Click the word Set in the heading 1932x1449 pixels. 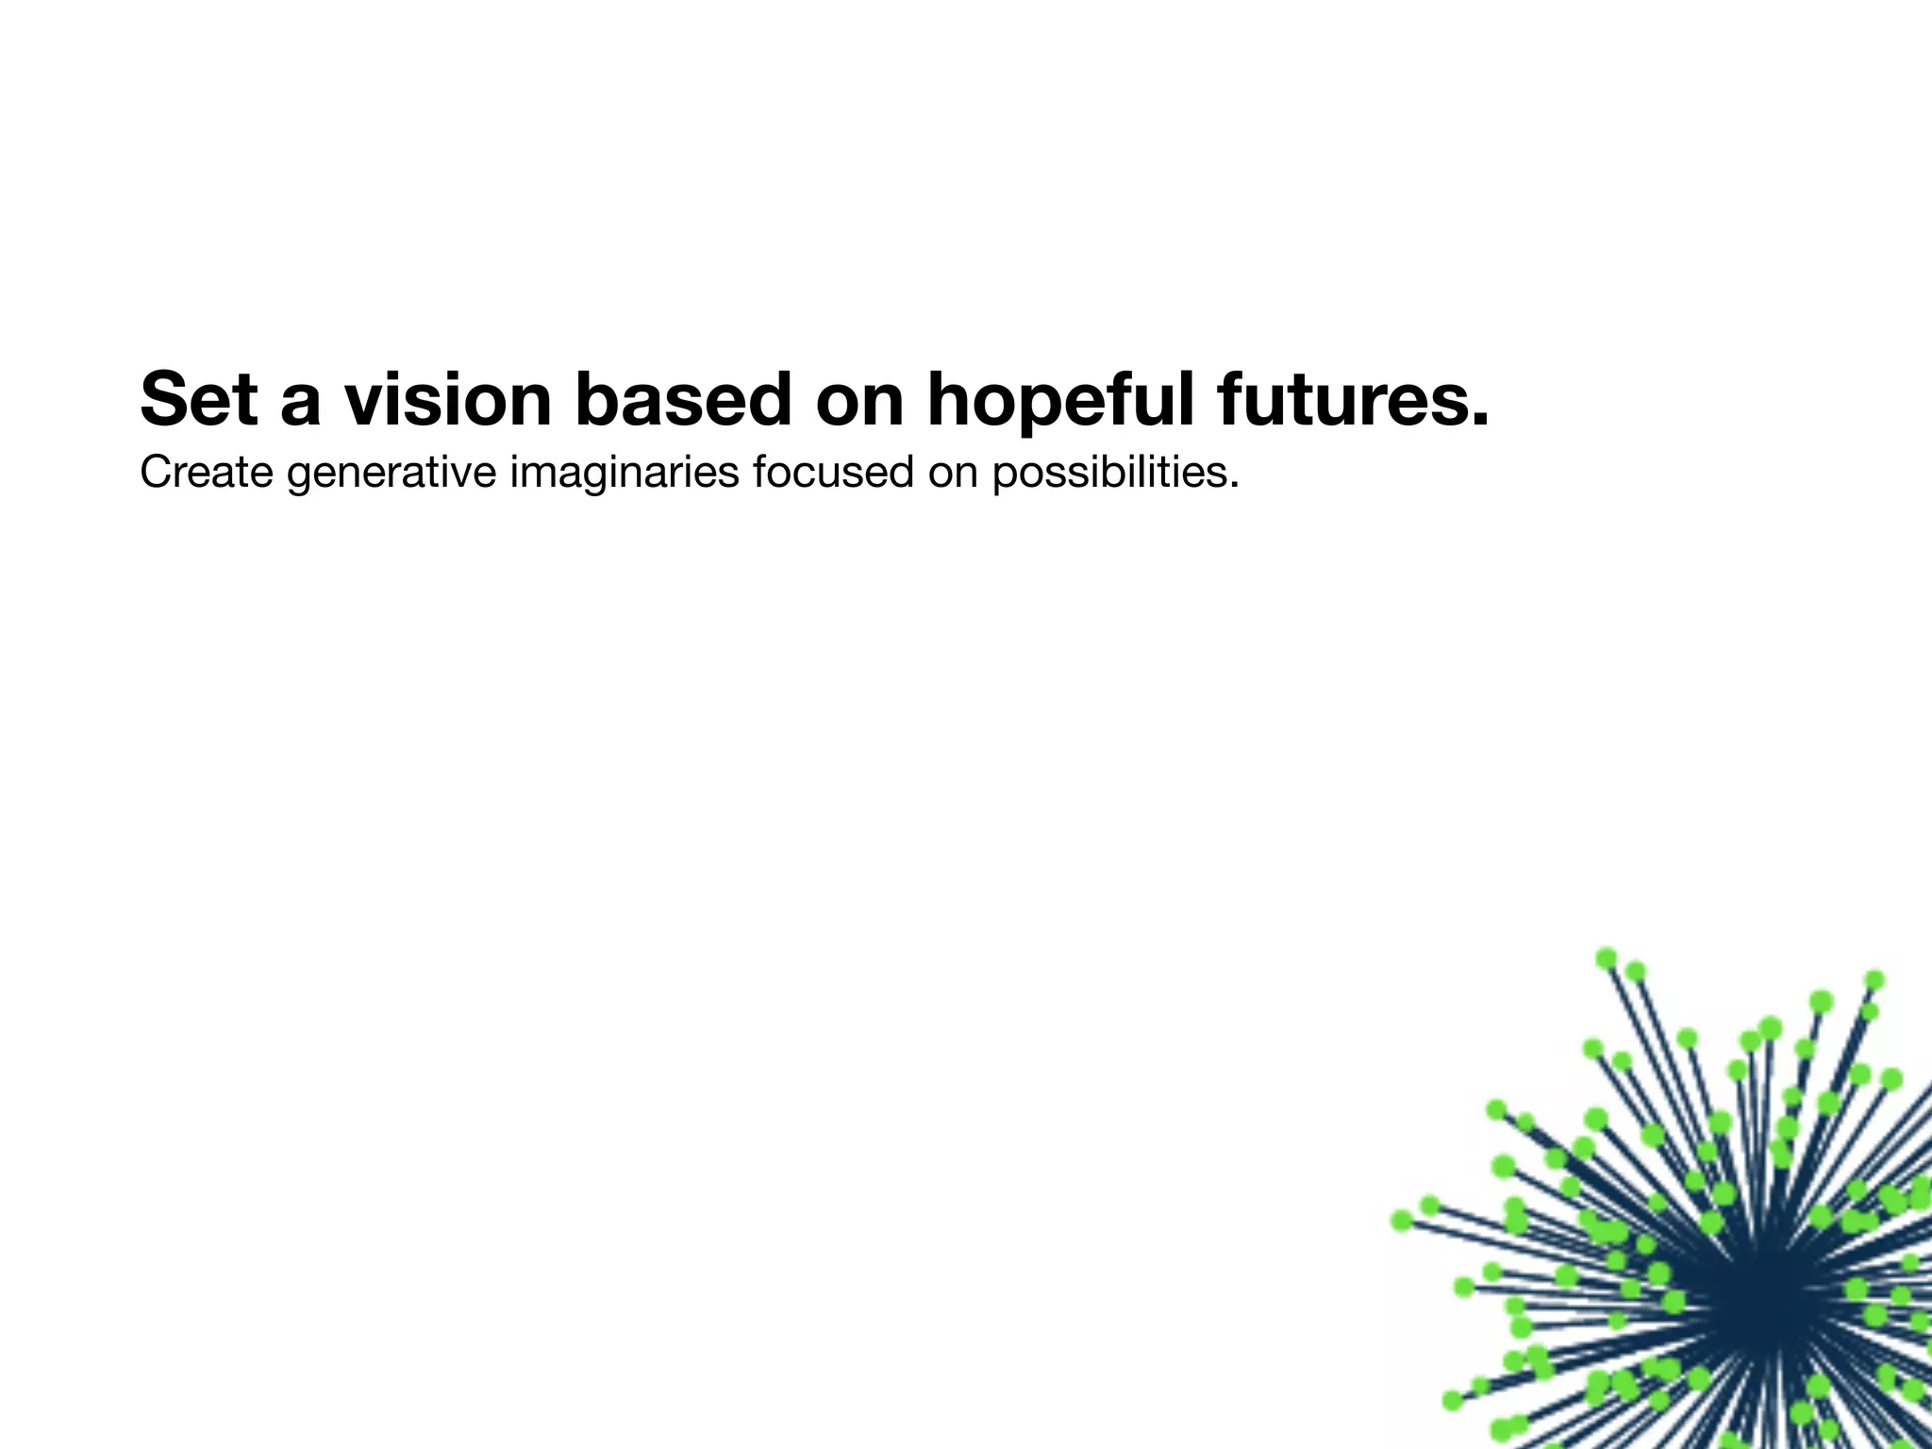tap(199, 399)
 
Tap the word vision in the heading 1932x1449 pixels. tap(447, 399)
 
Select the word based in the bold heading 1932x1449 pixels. tap(683, 399)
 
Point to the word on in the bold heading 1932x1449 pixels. tap(859, 399)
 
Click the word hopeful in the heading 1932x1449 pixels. tap(1060, 399)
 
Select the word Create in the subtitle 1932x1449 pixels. tap(207, 472)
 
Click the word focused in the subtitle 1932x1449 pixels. tap(833, 472)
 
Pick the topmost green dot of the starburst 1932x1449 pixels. tap(1607, 958)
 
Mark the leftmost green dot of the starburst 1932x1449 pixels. tap(1402, 1221)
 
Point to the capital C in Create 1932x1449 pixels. tap(157, 472)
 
